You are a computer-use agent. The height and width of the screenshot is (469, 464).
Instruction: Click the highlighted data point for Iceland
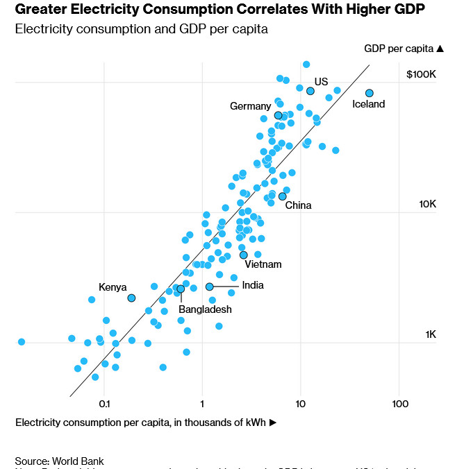pyautogui.click(x=370, y=93)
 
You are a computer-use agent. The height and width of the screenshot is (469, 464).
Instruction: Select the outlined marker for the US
pyautogui.click(x=310, y=91)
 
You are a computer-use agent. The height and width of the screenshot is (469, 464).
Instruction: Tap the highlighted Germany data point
pyautogui.click(x=279, y=115)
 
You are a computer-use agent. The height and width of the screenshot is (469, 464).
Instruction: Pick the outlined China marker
pyautogui.click(x=283, y=196)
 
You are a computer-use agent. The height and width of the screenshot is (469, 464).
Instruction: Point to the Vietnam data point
pyautogui.click(x=244, y=255)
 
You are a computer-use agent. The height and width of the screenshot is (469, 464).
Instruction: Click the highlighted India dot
pyautogui.click(x=209, y=287)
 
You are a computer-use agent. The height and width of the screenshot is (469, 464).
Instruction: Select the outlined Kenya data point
pyautogui.click(x=131, y=298)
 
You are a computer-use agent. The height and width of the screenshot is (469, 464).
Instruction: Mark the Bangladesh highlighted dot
pyautogui.click(x=181, y=289)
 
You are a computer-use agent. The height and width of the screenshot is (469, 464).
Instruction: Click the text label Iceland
pyautogui.click(x=368, y=105)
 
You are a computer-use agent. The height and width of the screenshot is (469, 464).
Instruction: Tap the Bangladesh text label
pyautogui.click(x=205, y=309)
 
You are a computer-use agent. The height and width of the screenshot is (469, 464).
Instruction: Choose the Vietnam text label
pyautogui.click(x=263, y=264)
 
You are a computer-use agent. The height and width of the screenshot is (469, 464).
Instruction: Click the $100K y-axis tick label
pyautogui.click(x=421, y=74)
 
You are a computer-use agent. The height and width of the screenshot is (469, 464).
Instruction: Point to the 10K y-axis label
pyautogui.click(x=426, y=205)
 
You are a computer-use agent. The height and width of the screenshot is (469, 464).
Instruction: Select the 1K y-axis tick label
pyautogui.click(x=430, y=334)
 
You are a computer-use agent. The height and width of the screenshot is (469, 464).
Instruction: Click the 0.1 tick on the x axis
pyautogui.click(x=104, y=403)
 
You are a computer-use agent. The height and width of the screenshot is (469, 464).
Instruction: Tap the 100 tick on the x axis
pyautogui.click(x=399, y=403)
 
